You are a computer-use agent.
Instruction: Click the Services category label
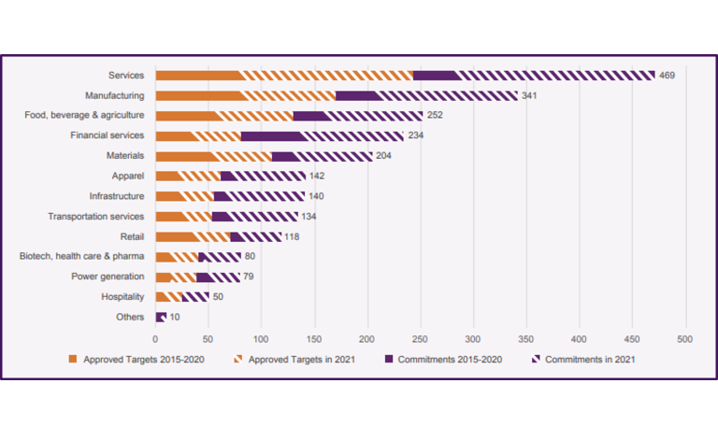point(126,75)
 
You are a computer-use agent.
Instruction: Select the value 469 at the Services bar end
point(667,75)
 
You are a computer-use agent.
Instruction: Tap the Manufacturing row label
point(114,95)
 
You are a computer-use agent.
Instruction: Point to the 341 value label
point(529,95)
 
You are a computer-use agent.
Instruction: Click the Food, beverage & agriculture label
point(84,115)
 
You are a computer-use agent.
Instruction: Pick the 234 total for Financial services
point(416,135)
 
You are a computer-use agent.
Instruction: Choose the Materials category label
point(125,155)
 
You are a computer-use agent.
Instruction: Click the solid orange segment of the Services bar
point(198,75)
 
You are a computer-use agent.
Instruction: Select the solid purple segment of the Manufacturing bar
point(358,95)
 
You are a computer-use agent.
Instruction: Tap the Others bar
point(161,318)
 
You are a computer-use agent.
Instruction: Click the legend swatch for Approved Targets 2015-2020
point(73,359)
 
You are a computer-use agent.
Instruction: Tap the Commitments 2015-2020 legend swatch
point(389,359)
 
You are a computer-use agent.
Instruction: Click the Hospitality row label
point(122,297)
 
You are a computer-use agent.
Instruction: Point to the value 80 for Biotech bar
point(250,256)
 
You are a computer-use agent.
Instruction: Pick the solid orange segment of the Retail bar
point(176,236)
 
